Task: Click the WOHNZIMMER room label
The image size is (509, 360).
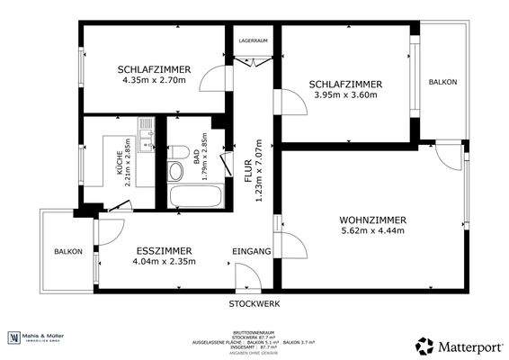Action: pyautogui.click(x=372, y=220)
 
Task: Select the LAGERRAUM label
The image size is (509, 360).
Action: pyautogui.click(x=254, y=40)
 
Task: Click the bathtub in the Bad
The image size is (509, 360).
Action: pyautogui.click(x=191, y=195)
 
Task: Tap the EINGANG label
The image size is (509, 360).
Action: pyautogui.click(x=252, y=251)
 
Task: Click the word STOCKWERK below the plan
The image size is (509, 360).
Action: pyautogui.click(x=254, y=304)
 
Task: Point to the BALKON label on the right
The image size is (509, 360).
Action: pyautogui.click(x=442, y=82)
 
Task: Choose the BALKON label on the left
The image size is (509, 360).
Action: pyautogui.click(x=68, y=251)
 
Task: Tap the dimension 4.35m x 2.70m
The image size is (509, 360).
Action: pyautogui.click(x=153, y=80)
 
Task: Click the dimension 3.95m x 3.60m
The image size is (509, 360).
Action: pyautogui.click(x=345, y=94)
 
